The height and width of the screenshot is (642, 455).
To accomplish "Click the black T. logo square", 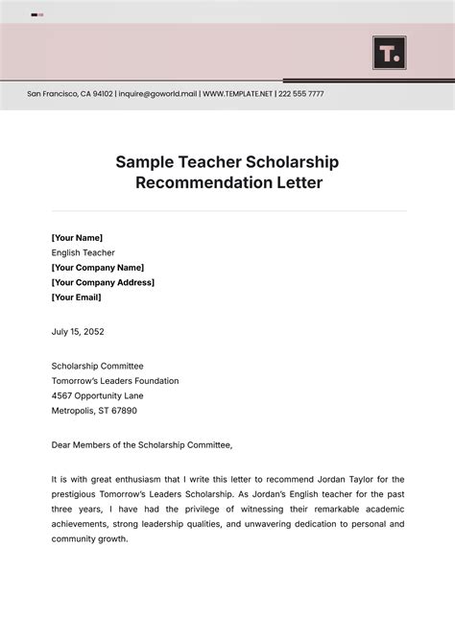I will (x=389, y=53).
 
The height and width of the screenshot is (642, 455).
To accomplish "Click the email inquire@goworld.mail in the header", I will (x=157, y=94).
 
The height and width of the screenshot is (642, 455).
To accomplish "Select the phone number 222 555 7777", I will (x=301, y=94).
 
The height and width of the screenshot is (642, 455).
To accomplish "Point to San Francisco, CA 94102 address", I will (x=69, y=94).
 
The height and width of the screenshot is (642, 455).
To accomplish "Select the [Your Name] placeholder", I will (x=77, y=238).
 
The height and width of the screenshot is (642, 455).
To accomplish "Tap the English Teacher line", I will (x=83, y=252).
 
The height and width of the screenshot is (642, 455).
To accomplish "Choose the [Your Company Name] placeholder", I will (x=97, y=268).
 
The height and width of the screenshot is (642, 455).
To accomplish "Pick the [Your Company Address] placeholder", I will (x=103, y=282).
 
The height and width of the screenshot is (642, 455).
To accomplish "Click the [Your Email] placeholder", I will (x=76, y=297).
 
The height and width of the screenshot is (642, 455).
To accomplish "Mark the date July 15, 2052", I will (x=78, y=332).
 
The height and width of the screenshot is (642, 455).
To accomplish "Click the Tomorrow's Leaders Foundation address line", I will (x=114, y=381).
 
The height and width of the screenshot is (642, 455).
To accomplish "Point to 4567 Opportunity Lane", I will (x=97, y=395).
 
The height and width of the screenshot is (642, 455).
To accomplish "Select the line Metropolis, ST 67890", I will (x=94, y=411).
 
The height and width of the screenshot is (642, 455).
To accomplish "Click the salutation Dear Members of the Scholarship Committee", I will (x=142, y=445).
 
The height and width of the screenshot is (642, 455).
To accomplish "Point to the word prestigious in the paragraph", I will (x=76, y=494).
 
